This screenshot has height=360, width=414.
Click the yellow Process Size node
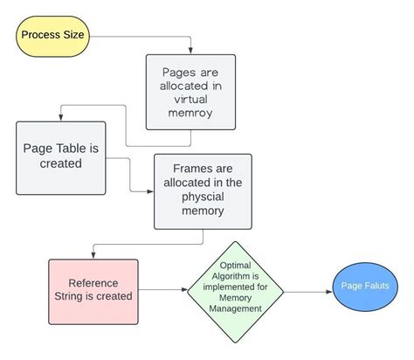click(53, 36)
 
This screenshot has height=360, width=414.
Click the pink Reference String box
click(93, 289)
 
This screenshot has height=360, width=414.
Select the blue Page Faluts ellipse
click(366, 287)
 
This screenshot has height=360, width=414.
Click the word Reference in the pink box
click(93, 281)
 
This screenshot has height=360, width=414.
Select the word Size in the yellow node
click(74, 36)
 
